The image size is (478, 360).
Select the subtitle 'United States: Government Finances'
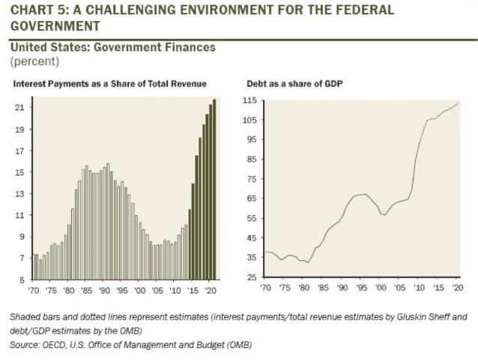pos(113,47)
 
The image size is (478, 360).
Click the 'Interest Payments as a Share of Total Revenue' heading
pos(110,84)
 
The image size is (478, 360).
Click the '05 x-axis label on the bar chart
pos(157,289)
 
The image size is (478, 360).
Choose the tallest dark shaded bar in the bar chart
pos(215,189)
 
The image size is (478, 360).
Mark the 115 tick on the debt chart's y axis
pos(251,100)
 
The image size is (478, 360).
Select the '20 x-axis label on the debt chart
pos(456,287)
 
